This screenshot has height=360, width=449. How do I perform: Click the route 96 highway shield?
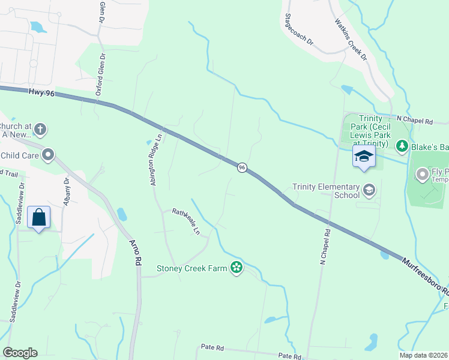click(241, 168)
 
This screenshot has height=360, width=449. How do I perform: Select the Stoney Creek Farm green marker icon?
click(237, 268)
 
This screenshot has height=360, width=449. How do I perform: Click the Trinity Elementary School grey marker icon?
click(369, 191)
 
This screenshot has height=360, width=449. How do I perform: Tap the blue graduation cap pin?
click(364, 157)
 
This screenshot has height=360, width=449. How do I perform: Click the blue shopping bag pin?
click(39, 218)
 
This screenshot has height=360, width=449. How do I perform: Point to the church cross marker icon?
click(40, 130)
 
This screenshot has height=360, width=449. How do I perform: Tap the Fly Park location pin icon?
click(422, 175)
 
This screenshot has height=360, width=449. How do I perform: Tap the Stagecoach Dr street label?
click(299, 30)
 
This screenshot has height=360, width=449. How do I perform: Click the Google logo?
click(20, 353)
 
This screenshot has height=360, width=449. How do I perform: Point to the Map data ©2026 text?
click(424, 355)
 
